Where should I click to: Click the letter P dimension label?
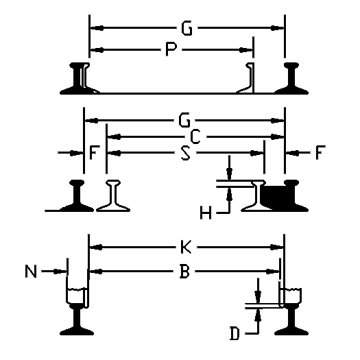[171, 49]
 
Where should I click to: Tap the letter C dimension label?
[195, 137]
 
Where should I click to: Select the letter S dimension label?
[186, 153]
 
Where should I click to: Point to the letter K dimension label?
[186, 247]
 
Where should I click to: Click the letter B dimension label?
[184, 272]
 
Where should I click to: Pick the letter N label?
[31, 272]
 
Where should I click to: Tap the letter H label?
[206, 213]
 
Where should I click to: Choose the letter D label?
[235, 333]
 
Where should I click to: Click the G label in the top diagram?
[187, 28]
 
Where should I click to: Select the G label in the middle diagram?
[184, 120]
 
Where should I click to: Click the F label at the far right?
[320, 152]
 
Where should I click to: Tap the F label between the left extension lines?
[95, 153]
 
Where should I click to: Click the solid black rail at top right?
[291, 78]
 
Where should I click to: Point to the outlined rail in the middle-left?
[113, 195]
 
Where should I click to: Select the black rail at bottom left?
[77, 320]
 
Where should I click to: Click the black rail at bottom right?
[291, 320]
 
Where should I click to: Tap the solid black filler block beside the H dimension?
[273, 197]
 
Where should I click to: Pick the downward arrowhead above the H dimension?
[229, 173]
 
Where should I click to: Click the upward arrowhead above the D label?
[259, 315]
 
